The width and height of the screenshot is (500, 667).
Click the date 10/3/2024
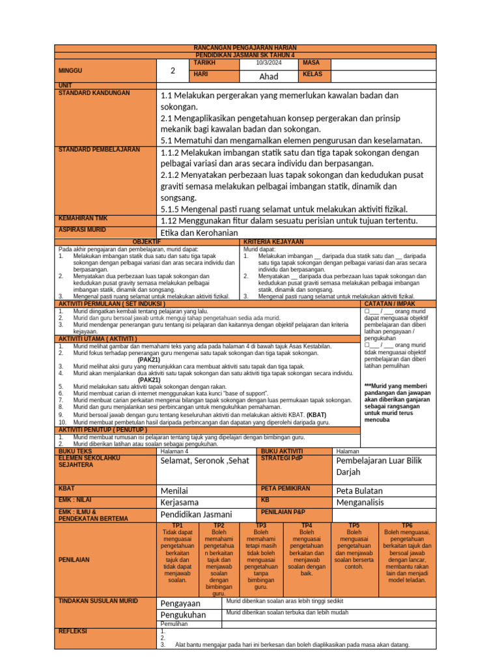[269, 63]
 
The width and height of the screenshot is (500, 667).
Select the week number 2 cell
[173, 70]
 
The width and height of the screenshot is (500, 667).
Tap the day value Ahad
[269, 76]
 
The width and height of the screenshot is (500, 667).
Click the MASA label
[312, 63]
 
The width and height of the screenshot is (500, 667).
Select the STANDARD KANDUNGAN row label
[94, 93]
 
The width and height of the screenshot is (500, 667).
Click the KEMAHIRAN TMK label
[84, 218]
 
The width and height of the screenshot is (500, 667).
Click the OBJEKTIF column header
[146, 242]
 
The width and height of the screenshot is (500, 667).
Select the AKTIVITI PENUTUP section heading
[104, 430]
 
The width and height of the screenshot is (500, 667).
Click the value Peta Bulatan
[359, 490]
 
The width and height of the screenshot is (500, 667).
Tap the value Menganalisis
[360, 502]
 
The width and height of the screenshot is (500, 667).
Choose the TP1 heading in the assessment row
[177, 525]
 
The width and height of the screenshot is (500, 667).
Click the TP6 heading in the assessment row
[407, 525]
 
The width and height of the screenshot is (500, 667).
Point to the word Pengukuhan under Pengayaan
[183, 614]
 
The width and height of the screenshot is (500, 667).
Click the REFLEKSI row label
[73, 631]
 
